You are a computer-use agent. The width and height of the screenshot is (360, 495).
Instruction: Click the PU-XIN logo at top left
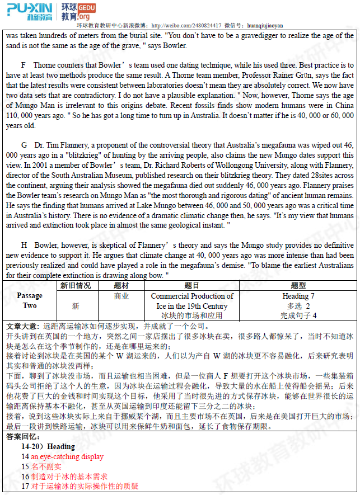[x=29, y=11]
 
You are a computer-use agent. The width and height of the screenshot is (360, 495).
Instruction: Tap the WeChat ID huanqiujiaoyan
[x=265, y=25]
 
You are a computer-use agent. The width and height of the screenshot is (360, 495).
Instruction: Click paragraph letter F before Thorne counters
[x=24, y=65]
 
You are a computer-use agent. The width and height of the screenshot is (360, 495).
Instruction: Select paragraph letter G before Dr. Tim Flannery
[x=24, y=145]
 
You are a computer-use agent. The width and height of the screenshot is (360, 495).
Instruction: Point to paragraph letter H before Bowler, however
[x=24, y=245]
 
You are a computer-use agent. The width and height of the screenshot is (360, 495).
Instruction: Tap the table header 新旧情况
[x=76, y=286]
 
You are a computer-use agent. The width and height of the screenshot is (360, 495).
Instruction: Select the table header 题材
[x=121, y=286]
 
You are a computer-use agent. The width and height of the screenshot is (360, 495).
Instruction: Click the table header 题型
[x=298, y=286]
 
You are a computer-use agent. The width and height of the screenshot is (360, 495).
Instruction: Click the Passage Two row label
[x=30, y=301]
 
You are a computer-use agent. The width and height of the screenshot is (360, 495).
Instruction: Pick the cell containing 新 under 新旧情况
[x=76, y=306]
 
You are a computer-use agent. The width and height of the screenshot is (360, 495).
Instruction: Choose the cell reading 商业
[x=121, y=296]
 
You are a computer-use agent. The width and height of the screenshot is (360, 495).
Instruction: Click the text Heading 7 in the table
[x=298, y=296]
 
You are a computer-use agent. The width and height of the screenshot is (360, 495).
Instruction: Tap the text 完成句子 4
[x=298, y=315]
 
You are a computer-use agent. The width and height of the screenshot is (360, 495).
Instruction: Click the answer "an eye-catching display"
[x=67, y=456]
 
